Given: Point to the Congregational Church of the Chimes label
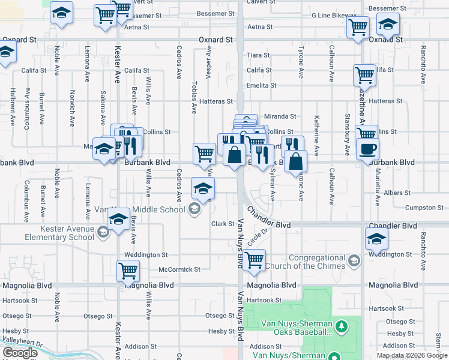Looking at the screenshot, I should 318,262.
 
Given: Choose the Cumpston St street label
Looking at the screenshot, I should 424,208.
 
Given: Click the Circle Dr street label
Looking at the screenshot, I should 256,238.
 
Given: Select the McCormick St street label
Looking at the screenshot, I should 180,269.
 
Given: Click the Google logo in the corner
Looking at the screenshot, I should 20,353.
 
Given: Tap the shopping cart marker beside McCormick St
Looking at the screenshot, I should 128,270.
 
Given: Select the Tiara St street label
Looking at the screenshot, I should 259,55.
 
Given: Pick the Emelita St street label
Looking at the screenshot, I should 261,86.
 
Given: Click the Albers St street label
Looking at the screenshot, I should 397,193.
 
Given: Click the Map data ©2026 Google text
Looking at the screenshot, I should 412,355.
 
